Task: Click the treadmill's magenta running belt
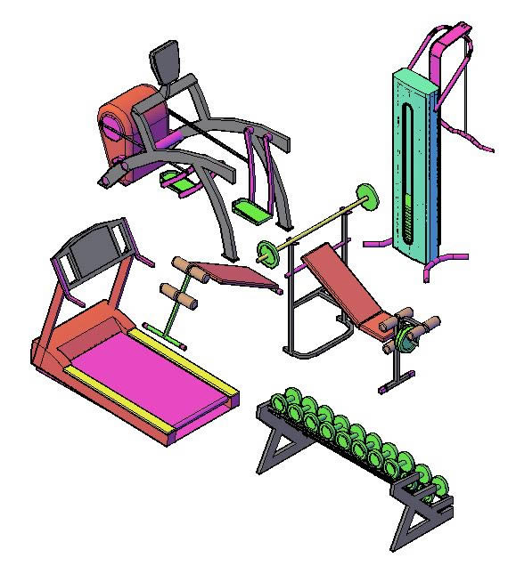[x=152, y=374]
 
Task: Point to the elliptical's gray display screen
[x=166, y=62]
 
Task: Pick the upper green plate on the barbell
[x=364, y=198]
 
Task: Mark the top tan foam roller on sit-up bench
[x=178, y=263]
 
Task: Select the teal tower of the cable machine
[x=414, y=160]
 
